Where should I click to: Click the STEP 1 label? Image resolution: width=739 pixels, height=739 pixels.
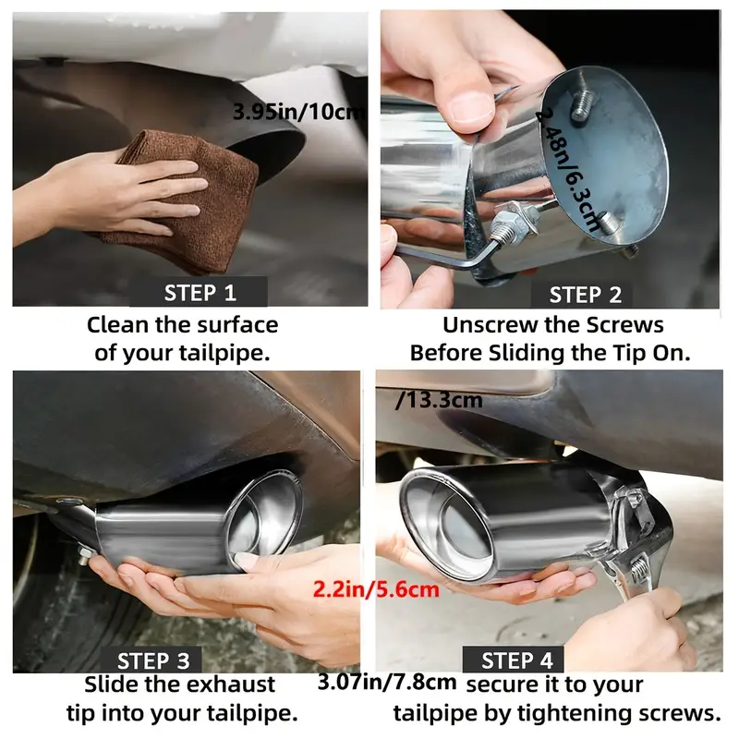pos(200,293)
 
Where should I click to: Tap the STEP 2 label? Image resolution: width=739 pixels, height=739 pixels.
pos(586,295)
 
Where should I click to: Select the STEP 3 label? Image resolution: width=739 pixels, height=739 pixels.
pos(153,660)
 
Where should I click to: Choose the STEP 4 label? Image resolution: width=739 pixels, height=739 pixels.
pos(516,660)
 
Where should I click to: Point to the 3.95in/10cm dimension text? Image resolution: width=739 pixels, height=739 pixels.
pos(299,112)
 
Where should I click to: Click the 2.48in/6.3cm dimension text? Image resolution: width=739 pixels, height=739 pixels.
pos(568,167)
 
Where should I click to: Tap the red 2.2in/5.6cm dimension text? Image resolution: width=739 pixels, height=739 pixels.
pos(376,589)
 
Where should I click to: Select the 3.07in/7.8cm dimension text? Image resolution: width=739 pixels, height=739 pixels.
pos(387,682)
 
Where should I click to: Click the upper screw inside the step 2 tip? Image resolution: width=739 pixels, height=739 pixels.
pos(583,105)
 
